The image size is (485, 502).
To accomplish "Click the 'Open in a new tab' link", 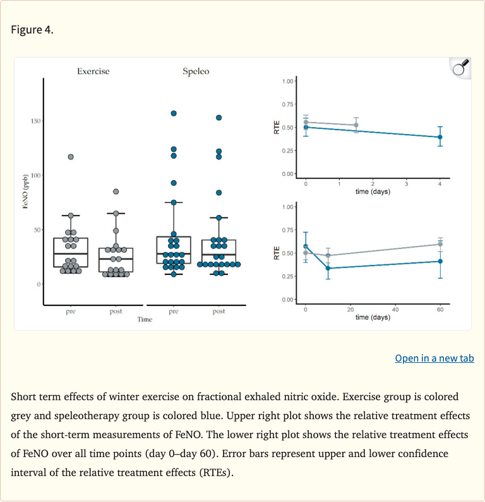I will [x=434, y=358].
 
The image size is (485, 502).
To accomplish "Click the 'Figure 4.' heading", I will [x=32, y=30].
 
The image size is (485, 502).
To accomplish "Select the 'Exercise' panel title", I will [x=93, y=71].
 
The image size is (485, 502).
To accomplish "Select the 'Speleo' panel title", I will [x=196, y=71].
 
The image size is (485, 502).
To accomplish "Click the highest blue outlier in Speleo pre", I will [x=174, y=113].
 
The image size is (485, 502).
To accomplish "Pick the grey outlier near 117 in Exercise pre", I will [x=71, y=157].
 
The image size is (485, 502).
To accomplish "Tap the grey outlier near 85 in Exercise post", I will [x=116, y=192].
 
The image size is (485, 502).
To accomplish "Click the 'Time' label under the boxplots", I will [x=145, y=320].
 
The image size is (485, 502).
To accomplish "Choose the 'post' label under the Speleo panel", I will [x=219, y=312].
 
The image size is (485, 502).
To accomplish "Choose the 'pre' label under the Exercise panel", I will [x=71, y=312].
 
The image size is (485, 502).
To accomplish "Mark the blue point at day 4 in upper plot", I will [x=440, y=137].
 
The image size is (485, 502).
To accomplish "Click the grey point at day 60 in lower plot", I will [x=440, y=244].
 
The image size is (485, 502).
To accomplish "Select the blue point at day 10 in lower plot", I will [x=328, y=268].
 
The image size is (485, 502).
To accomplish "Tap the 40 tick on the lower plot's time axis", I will [x=395, y=309].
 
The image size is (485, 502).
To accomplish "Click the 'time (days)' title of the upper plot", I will [x=373, y=192].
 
